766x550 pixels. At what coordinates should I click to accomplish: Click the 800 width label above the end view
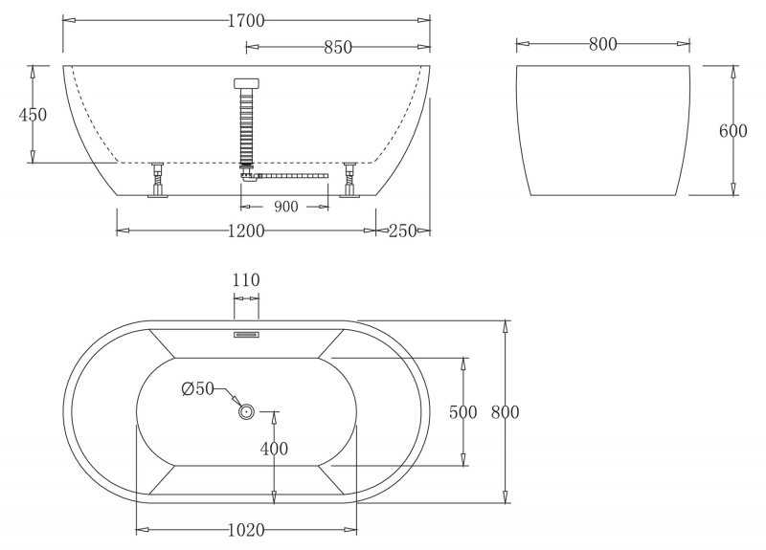point(602,43)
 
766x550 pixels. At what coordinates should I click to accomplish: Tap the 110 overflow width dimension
point(246,280)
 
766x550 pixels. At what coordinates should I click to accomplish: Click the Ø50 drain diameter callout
point(196,388)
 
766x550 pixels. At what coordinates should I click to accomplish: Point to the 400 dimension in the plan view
point(275,448)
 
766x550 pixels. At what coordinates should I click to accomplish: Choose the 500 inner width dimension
point(463,412)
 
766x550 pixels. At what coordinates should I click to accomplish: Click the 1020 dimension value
point(246,529)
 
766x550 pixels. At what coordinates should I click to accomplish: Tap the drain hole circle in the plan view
point(245,412)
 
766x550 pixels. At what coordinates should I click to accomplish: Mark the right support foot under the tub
point(349,181)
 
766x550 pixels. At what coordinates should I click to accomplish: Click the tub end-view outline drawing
point(602,131)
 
